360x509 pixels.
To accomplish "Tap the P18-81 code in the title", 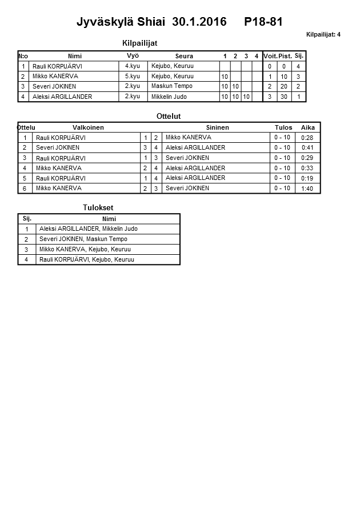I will pyautogui.click(x=263, y=22).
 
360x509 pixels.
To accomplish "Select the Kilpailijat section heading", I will pyautogui.click(x=140, y=43).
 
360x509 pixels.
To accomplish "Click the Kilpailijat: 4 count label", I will pyautogui.click(x=323, y=34).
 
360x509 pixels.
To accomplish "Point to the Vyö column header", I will pyautogui.click(x=133, y=56).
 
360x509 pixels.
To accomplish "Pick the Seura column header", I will pyautogui.click(x=184, y=56).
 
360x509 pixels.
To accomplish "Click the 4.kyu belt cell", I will pyautogui.click(x=133, y=66).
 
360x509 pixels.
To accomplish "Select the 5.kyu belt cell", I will pyautogui.click(x=133, y=76).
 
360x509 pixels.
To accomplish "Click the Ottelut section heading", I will pyautogui.click(x=169, y=116).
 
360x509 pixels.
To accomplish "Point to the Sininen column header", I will pyautogui.click(x=217, y=127).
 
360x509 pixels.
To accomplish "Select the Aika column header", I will pyautogui.click(x=308, y=127).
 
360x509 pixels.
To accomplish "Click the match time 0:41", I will pyautogui.click(x=308, y=148).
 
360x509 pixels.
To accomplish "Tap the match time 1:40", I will pyautogui.click(x=307, y=189).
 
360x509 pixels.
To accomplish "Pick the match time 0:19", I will pyautogui.click(x=307, y=178).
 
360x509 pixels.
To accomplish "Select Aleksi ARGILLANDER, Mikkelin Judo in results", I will pyautogui.click(x=88, y=229).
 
